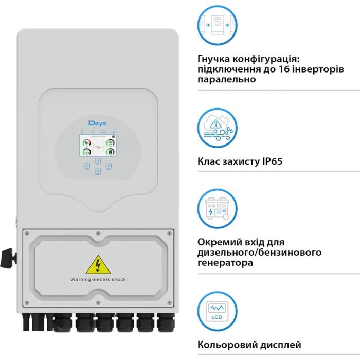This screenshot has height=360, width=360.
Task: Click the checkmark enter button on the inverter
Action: coord(109,167)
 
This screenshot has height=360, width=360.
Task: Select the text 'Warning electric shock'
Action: coord(98,279)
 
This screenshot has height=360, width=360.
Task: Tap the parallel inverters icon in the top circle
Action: coord(216,25)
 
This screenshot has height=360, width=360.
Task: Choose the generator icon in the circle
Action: coord(216,209)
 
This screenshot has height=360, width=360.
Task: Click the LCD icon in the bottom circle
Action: coord(216,312)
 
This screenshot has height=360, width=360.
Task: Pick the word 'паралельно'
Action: coord(227,80)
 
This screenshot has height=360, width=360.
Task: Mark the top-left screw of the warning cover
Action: coord(26,232)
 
